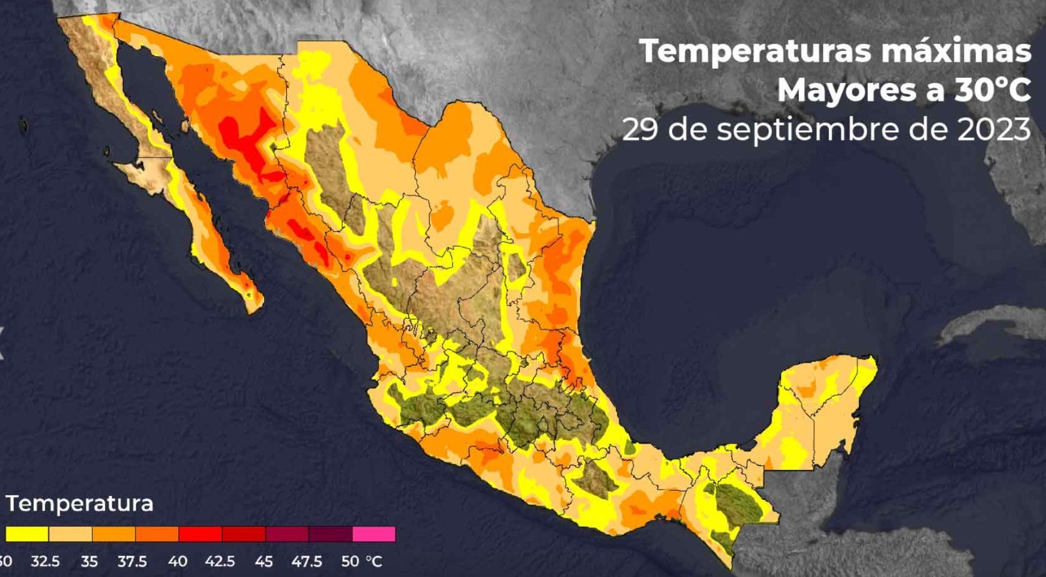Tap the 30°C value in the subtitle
coord(992,90)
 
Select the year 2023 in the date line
coord(994,129)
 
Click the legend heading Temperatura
coord(80,504)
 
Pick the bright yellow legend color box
coord(27,534)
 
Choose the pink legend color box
coord(374,534)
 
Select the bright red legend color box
coord(200,534)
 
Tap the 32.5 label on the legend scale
coord(45,561)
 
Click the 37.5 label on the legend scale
coord(132,561)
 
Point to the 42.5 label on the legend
coord(220,561)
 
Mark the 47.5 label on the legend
coord(307,561)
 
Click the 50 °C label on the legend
coord(361,561)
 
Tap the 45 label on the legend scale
coord(264,561)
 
